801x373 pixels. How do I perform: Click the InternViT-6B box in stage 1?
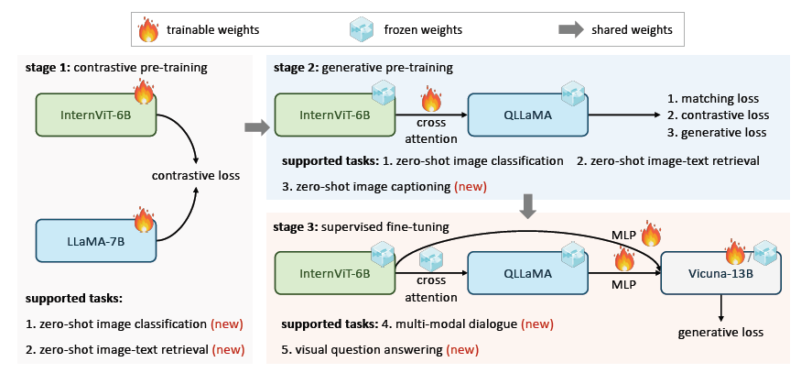[95, 114]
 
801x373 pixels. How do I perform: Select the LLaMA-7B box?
[95, 240]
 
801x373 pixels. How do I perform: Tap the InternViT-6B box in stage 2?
[335, 114]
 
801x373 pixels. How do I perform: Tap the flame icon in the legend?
[148, 30]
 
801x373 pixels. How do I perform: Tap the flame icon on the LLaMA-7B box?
[144, 220]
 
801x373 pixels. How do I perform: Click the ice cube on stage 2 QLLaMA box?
[573, 92]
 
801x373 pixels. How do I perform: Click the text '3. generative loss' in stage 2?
[715, 132]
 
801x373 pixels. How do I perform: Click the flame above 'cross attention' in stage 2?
[431, 98]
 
